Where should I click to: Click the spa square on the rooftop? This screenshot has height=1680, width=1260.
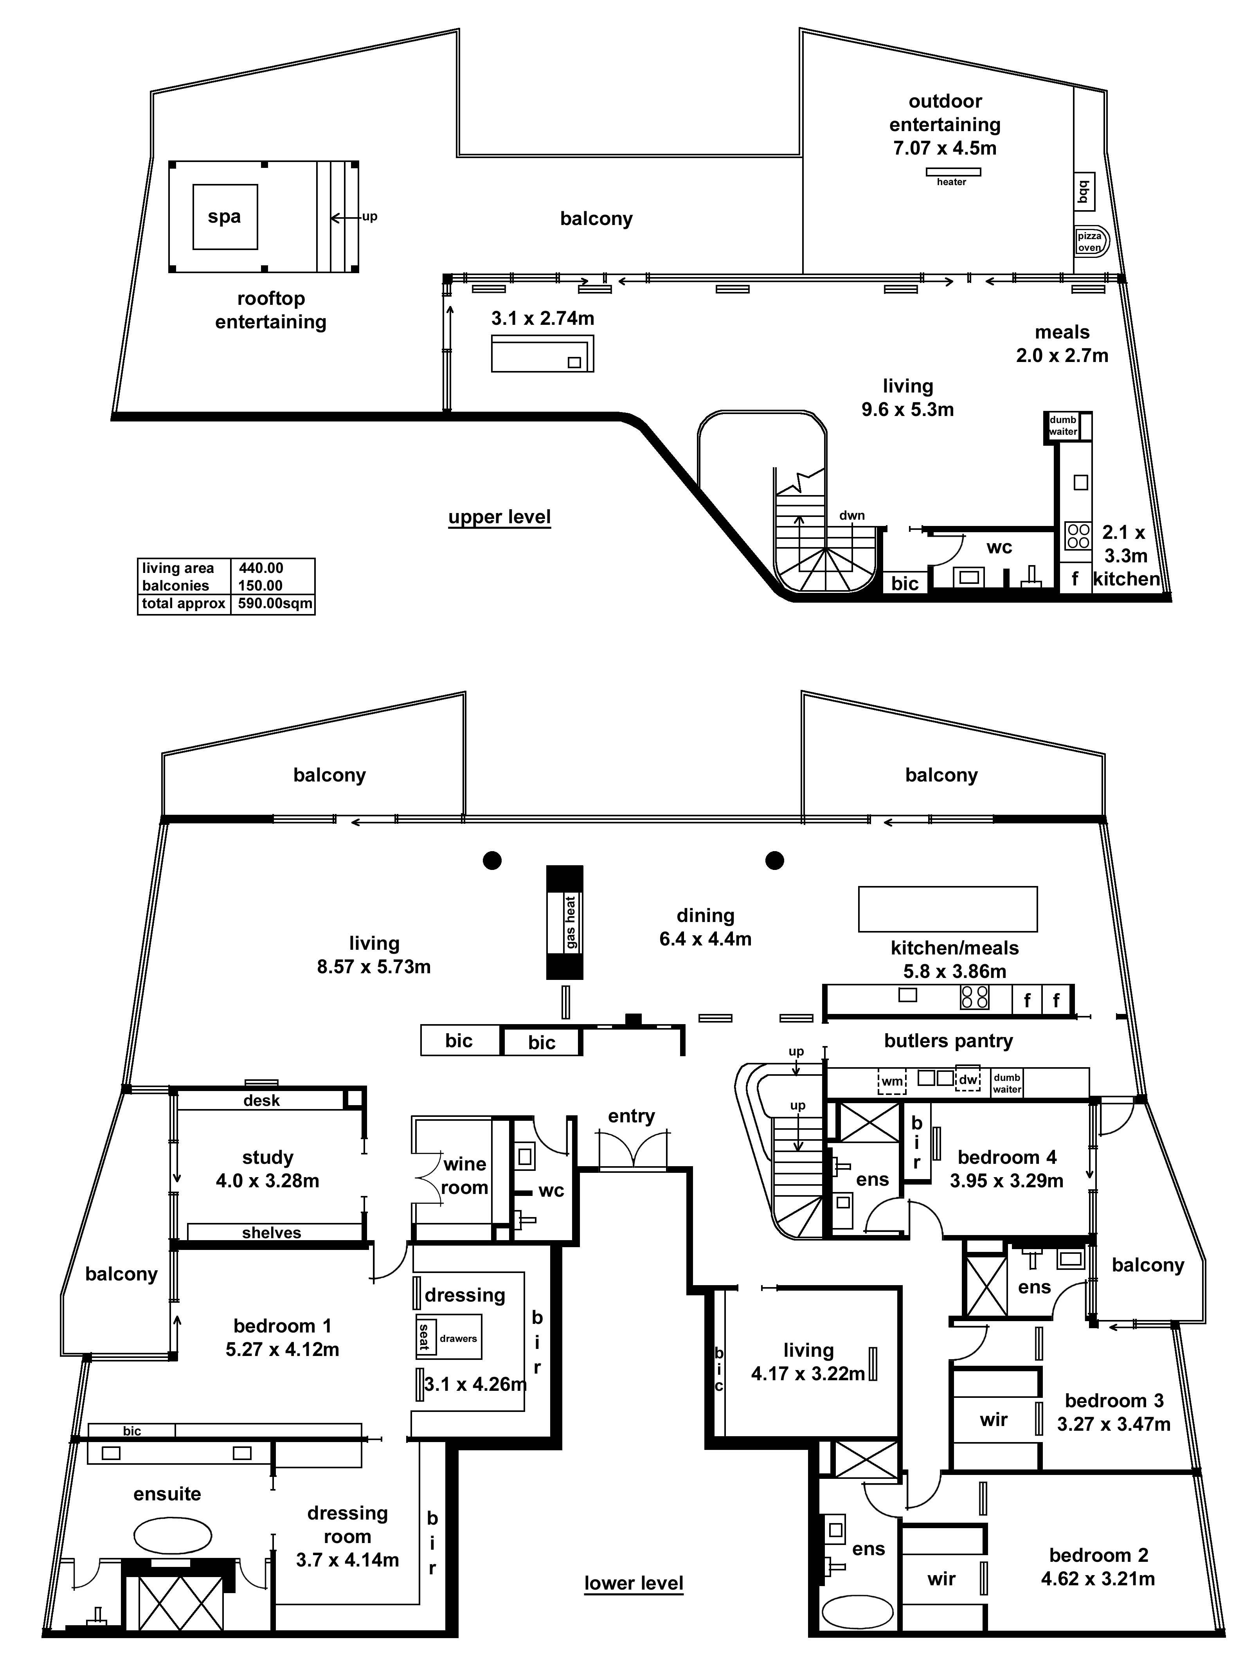(225, 216)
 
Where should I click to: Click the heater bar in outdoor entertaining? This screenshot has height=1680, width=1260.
(952, 172)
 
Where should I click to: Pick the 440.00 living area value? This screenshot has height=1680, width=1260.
(261, 568)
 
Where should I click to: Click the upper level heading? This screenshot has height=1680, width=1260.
(499, 517)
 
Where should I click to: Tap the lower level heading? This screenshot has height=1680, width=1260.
(634, 1584)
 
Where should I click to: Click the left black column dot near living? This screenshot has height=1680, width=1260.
(492, 861)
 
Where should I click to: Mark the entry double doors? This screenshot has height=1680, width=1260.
(633, 1148)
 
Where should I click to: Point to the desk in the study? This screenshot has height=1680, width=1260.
(261, 1100)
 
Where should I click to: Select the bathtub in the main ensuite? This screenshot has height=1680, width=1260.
(173, 1536)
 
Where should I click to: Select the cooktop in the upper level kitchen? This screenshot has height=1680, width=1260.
(1078, 535)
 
